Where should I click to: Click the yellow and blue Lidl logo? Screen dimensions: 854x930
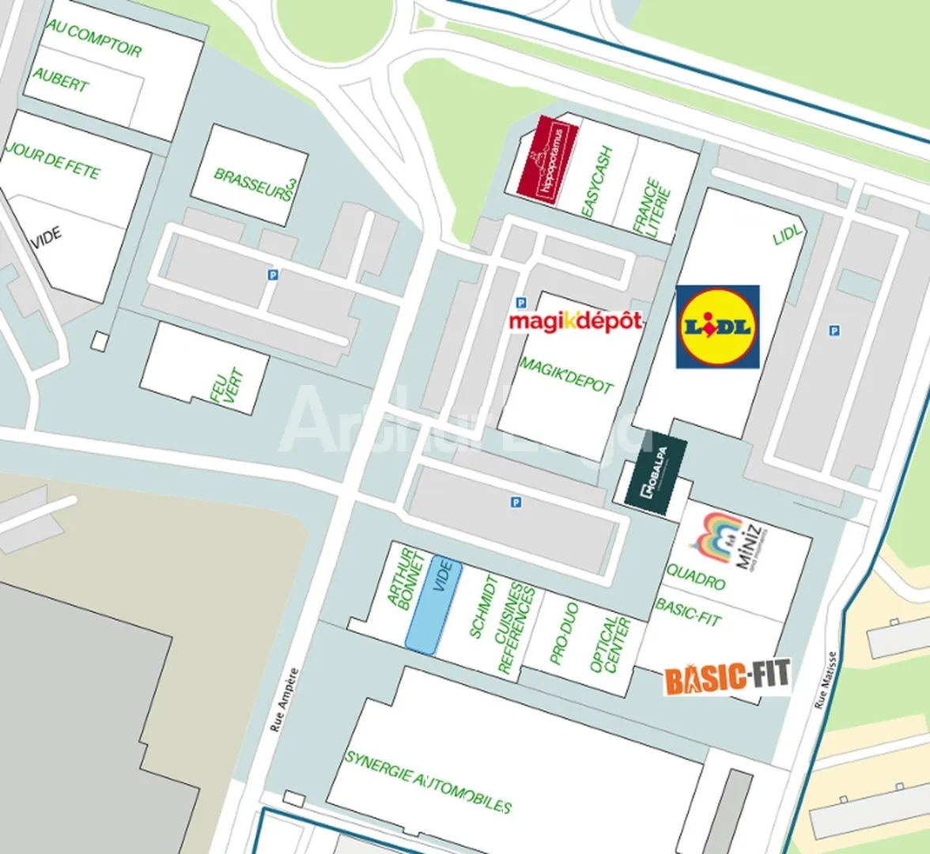(717, 327)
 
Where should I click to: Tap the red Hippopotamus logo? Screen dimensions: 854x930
(547, 159)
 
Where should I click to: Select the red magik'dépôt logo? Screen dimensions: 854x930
(575, 320)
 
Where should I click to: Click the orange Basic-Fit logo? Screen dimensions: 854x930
(727, 678)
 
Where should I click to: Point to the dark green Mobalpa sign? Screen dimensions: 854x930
(656, 475)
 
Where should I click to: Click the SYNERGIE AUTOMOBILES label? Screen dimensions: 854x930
(429, 782)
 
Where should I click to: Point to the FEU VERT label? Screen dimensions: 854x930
(227, 387)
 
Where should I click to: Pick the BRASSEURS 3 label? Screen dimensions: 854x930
(255, 184)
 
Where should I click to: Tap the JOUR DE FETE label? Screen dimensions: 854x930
(54, 161)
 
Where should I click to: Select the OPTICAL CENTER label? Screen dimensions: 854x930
(610, 644)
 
